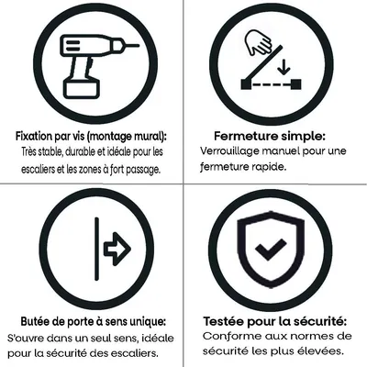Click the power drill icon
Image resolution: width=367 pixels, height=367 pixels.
click(92, 60)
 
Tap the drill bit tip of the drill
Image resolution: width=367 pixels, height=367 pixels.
click(138, 42)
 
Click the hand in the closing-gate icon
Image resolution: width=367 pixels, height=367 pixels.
click(259, 42)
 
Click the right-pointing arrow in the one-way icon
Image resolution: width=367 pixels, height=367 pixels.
click(116, 248)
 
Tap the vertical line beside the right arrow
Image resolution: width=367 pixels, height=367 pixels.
click(96, 248)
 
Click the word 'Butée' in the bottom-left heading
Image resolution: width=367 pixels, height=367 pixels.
click(39, 322)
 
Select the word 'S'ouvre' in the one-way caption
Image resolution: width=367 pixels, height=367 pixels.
click(38, 338)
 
